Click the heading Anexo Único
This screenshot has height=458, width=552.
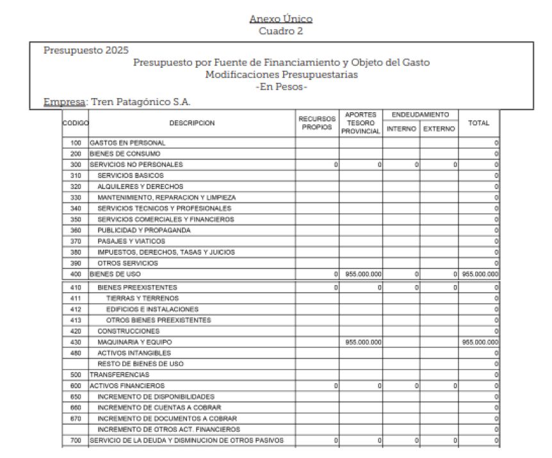point(281,19)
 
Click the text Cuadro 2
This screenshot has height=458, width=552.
point(281,31)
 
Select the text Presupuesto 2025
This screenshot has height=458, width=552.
point(86,51)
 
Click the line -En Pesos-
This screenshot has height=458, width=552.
point(281,87)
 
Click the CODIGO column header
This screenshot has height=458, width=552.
point(76,123)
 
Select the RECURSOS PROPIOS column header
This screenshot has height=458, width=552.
point(317,123)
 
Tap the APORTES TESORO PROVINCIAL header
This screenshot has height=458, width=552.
point(361,123)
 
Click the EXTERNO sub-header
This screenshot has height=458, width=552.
point(439,129)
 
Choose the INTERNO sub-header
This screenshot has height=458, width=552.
point(401,129)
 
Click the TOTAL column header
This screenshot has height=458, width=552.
point(478,123)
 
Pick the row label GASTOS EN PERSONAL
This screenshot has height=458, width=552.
point(127,143)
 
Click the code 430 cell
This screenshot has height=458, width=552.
point(76,342)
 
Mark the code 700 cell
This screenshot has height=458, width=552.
point(76,440)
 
